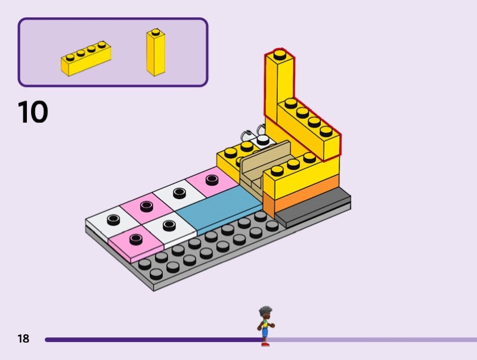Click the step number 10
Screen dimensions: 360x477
[x=33, y=111]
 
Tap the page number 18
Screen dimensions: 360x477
[x=23, y=339]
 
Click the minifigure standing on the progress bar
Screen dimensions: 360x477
[x=264, y=327]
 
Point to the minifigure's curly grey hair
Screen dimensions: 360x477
[x=265, y=312]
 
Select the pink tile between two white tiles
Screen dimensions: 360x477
[x=146, y=207]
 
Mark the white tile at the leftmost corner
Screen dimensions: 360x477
[x=111, y=221]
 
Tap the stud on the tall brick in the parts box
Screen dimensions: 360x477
[x=155, y=32]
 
